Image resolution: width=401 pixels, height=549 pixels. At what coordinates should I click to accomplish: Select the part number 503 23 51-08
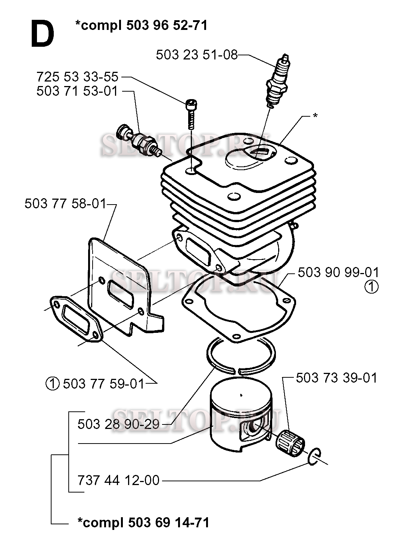tap(196, 55)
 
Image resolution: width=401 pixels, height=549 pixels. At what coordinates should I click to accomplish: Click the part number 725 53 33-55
tap(77, 77)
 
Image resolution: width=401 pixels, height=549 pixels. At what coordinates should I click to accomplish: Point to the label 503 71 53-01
tap(77, 91)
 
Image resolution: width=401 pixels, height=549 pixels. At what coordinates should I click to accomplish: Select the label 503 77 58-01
tap(65, 204)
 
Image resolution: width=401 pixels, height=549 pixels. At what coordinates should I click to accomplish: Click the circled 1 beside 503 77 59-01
tap(53, 383)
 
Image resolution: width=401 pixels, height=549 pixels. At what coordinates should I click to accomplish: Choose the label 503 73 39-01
tap(336, 378)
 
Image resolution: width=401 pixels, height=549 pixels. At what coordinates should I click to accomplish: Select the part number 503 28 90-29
tap(118, 424)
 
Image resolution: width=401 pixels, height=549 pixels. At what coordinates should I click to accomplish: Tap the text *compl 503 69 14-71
tap(143, 522)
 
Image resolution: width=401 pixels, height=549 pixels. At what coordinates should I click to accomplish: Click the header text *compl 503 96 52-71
tap(141, 25)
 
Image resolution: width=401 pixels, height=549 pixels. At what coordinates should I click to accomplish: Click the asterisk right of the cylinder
tap(315, 116)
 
